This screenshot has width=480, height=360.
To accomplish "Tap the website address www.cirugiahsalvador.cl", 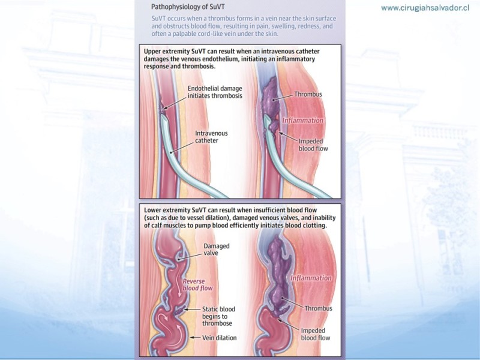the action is click(425, 8).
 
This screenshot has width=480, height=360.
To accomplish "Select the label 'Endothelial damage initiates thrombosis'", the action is click(215, 92).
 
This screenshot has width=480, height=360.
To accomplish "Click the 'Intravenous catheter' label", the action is click(211, 137).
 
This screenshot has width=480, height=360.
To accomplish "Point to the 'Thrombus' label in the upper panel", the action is click(308, 94).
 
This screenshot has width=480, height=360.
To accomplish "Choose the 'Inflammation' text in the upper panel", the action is click(303, 121).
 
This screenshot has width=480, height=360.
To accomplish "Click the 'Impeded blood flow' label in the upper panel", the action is click(313, 145).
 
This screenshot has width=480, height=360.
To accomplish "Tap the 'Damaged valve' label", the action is click(217, 250).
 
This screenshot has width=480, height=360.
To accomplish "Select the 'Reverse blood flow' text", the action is click(197, 284).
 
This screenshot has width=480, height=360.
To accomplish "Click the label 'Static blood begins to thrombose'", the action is click(218, 316).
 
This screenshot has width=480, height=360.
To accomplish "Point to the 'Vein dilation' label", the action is click(220, 338).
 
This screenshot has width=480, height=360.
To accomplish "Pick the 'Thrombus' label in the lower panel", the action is click(319, 308).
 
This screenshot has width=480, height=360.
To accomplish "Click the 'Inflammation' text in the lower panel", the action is click(311, 278).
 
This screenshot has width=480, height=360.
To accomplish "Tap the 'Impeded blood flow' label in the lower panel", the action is click(316, 334).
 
